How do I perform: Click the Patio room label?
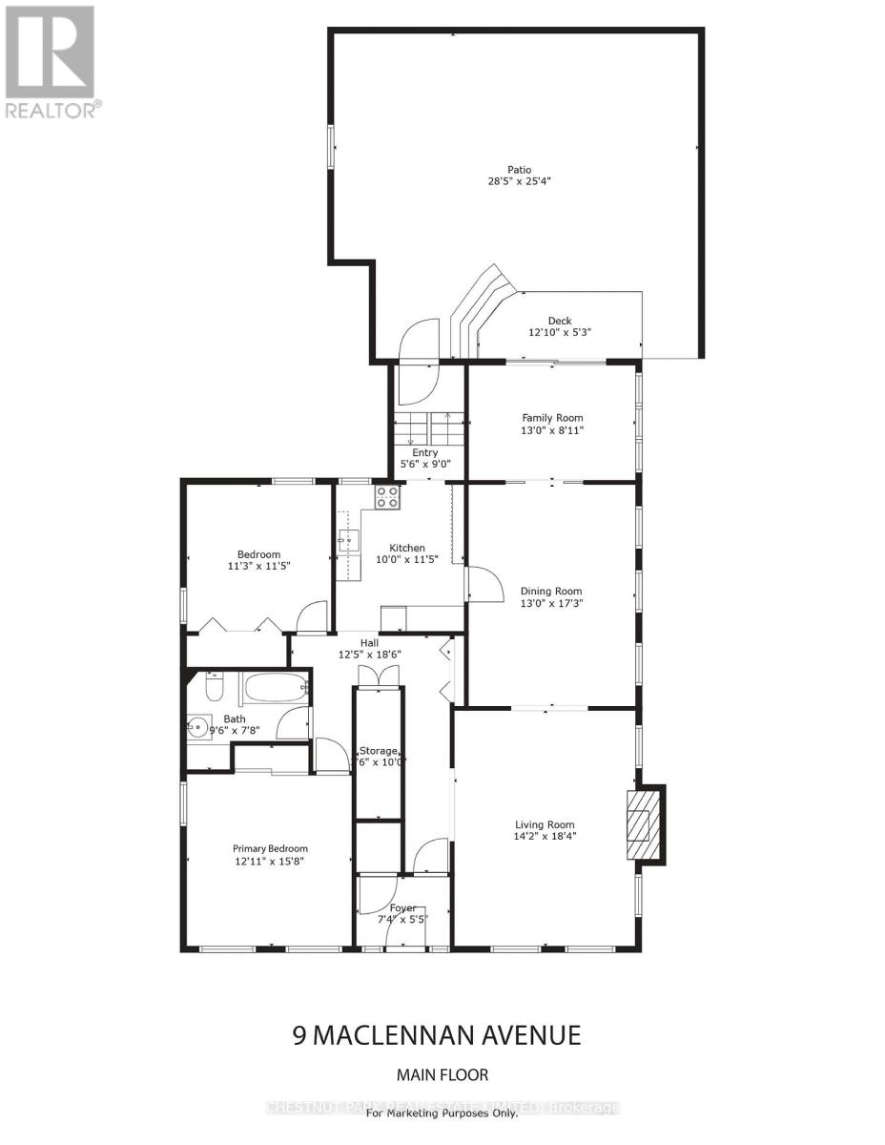pos(519,170)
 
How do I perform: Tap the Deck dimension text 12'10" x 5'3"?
pos(558,333)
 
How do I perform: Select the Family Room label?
pos(552,418)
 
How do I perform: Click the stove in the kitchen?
pos(387,495)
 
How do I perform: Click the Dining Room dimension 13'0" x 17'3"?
pos(551,603)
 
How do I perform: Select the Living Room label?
pos(545,825)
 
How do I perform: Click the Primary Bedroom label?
pos(270,848)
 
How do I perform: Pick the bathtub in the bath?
pos(275,687)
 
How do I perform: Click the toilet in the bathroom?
pos(213,686)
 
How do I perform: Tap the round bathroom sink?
pos(199,727)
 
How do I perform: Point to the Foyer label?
pos(402,907)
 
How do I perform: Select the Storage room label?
pos(378,751)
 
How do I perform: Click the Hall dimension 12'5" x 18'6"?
pos(370,655)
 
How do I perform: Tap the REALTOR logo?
pos(51,62)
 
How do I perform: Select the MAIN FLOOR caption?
pos(442,1075)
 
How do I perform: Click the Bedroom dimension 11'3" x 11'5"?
pos(258,566)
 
